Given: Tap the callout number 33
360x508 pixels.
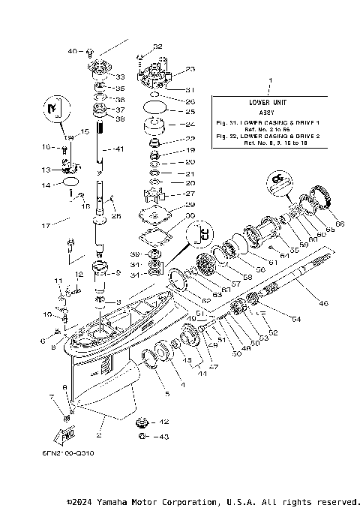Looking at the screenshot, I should pyautogui.click(x=120, y=77).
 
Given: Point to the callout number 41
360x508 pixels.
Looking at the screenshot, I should pyautogui.click(x=118, y=149).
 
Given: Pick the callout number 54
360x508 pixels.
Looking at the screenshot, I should pyautogui.click(x=296, y=320).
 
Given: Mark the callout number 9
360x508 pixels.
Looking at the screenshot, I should pyautogui.click(x=118, y=272).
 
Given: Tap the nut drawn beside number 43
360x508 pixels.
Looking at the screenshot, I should pyautogui.click(x=141, y=436).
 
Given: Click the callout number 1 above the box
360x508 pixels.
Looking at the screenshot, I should pyautogui.click(x=271, y=80).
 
